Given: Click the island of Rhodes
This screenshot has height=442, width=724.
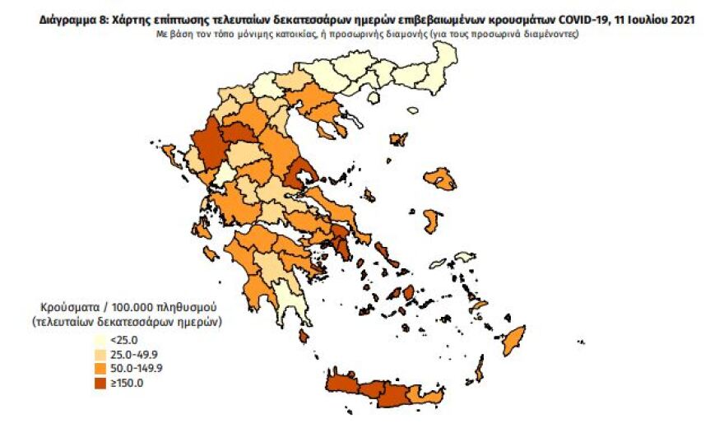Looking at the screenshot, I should tap(515, 338).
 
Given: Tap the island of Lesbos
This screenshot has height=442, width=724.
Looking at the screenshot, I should tap(440, 179).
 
